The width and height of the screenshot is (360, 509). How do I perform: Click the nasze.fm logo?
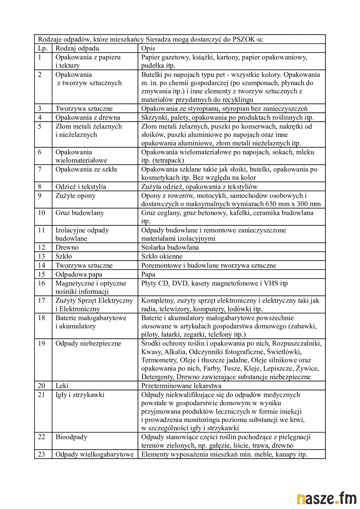326,498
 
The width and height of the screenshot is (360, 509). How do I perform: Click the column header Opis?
148,48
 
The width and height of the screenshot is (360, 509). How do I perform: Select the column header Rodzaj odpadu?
77,48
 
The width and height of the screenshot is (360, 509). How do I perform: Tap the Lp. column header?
43,48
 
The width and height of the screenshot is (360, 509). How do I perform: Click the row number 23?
41,454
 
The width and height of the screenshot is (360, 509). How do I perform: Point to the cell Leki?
62,386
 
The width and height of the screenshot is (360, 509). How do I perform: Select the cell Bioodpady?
71,437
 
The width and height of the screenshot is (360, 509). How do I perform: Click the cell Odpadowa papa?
79,274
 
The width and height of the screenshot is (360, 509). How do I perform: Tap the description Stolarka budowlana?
170,247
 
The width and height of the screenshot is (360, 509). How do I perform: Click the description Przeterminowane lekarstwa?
181,386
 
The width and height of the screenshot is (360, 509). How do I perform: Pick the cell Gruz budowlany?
79,213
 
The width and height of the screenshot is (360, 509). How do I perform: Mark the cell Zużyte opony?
75,196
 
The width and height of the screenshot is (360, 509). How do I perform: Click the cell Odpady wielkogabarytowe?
94,454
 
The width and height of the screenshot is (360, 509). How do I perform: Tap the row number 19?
41,343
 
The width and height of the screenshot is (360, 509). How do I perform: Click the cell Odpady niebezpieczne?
88,343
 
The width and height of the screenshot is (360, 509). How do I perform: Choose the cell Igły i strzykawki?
80,395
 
